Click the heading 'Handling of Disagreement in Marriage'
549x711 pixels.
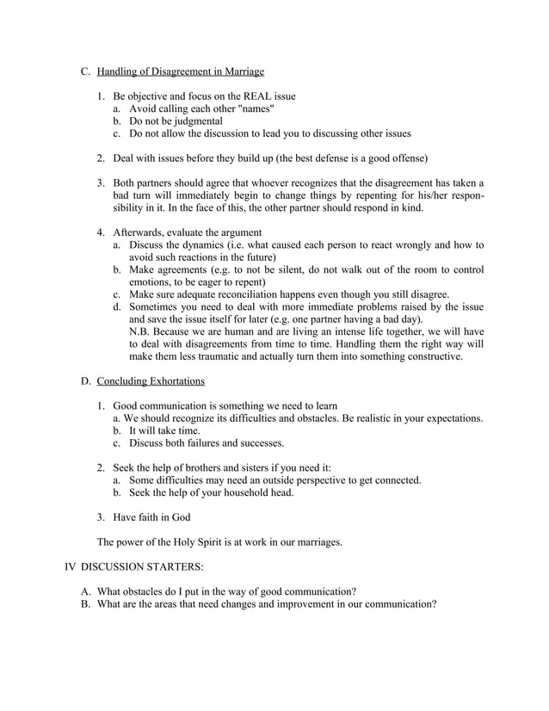point(180,71)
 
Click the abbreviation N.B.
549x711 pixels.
point(140,331)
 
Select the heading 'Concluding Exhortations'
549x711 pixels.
point(151,380)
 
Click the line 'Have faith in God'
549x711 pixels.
point(151,517)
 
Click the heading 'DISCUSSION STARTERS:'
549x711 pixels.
point(142,567)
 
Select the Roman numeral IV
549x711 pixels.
point(71,567)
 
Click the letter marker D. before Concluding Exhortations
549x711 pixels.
point(86,380)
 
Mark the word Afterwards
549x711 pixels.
point(143,232)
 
